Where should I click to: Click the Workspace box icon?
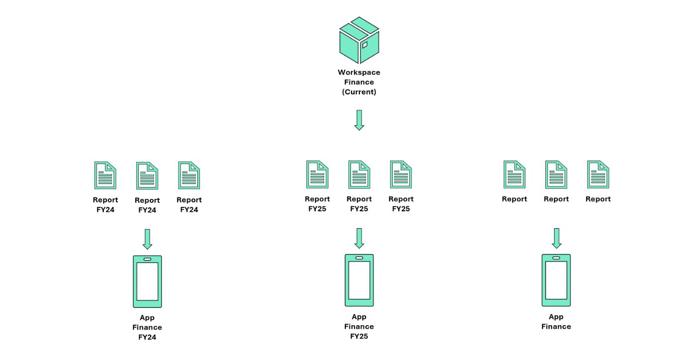click(359, 40)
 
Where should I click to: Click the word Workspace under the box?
click(359, 73)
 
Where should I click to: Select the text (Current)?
click(359, 92)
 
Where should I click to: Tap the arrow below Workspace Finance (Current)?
click(359, 120)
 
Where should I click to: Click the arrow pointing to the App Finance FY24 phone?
click(147, 239)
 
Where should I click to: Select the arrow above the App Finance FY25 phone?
click(359, 238)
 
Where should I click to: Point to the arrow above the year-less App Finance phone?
click(556, 238)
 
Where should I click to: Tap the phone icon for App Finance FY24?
click(147, 281)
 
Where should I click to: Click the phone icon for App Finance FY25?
click(359, 280)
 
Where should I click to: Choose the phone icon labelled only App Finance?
click(556, 280)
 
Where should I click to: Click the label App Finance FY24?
click(147, 327)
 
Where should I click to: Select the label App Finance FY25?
click(359, 326)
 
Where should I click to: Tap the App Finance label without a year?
click(556, 322)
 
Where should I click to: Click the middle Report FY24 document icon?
click(147, 176)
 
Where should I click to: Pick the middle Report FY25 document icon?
click(359, 175)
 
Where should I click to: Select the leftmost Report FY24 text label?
click(105, 204)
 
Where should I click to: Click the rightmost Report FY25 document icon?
click(401, 175)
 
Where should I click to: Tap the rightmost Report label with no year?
click(598, 199)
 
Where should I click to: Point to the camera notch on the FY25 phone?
click(359, 258)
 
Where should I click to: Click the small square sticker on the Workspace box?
click(365, 45)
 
